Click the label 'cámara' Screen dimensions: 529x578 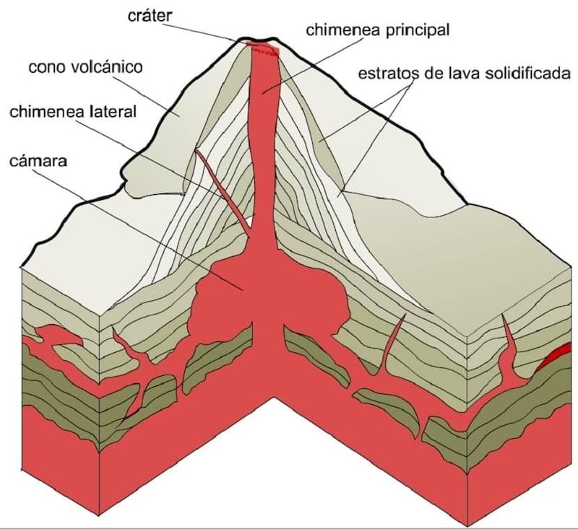(39, 161)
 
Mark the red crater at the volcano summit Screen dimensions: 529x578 (262, 48)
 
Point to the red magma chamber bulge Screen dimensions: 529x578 (217, 296)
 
